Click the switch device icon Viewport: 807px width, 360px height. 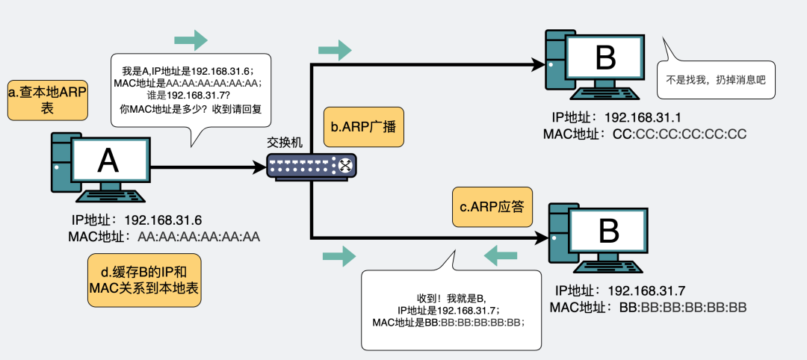(312, 166)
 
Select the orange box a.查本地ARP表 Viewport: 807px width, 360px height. (47, 100)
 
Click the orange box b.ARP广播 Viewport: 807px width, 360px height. (364, 127)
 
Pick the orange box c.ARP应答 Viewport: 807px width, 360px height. (492, 207)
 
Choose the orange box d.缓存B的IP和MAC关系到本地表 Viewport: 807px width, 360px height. (144, 280)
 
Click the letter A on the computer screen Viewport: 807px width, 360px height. (108, 161)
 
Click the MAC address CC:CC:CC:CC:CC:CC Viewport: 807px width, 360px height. (679, 134)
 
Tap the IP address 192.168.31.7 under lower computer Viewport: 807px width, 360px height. (646, 291)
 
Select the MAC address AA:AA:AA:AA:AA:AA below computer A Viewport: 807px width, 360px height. (199, 237)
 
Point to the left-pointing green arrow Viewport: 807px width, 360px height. (501, 255)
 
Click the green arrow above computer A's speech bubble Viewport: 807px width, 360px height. (191, 40)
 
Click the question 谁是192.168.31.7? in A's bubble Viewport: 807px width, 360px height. (191, 95)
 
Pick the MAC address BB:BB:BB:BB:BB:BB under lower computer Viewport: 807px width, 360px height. (683, 308)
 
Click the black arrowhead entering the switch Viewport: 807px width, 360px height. (259, 167)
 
